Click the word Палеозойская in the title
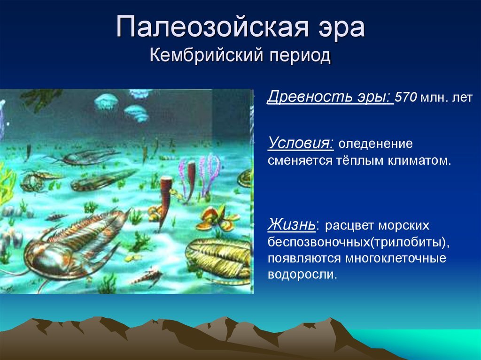[212, 27]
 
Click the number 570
[406, 97]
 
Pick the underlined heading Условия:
[301, 143]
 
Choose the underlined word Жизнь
[291, 225]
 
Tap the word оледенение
[375, 144]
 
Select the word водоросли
[302, 274]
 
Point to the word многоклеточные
[396, 258]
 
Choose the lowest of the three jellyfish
[137, 113]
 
